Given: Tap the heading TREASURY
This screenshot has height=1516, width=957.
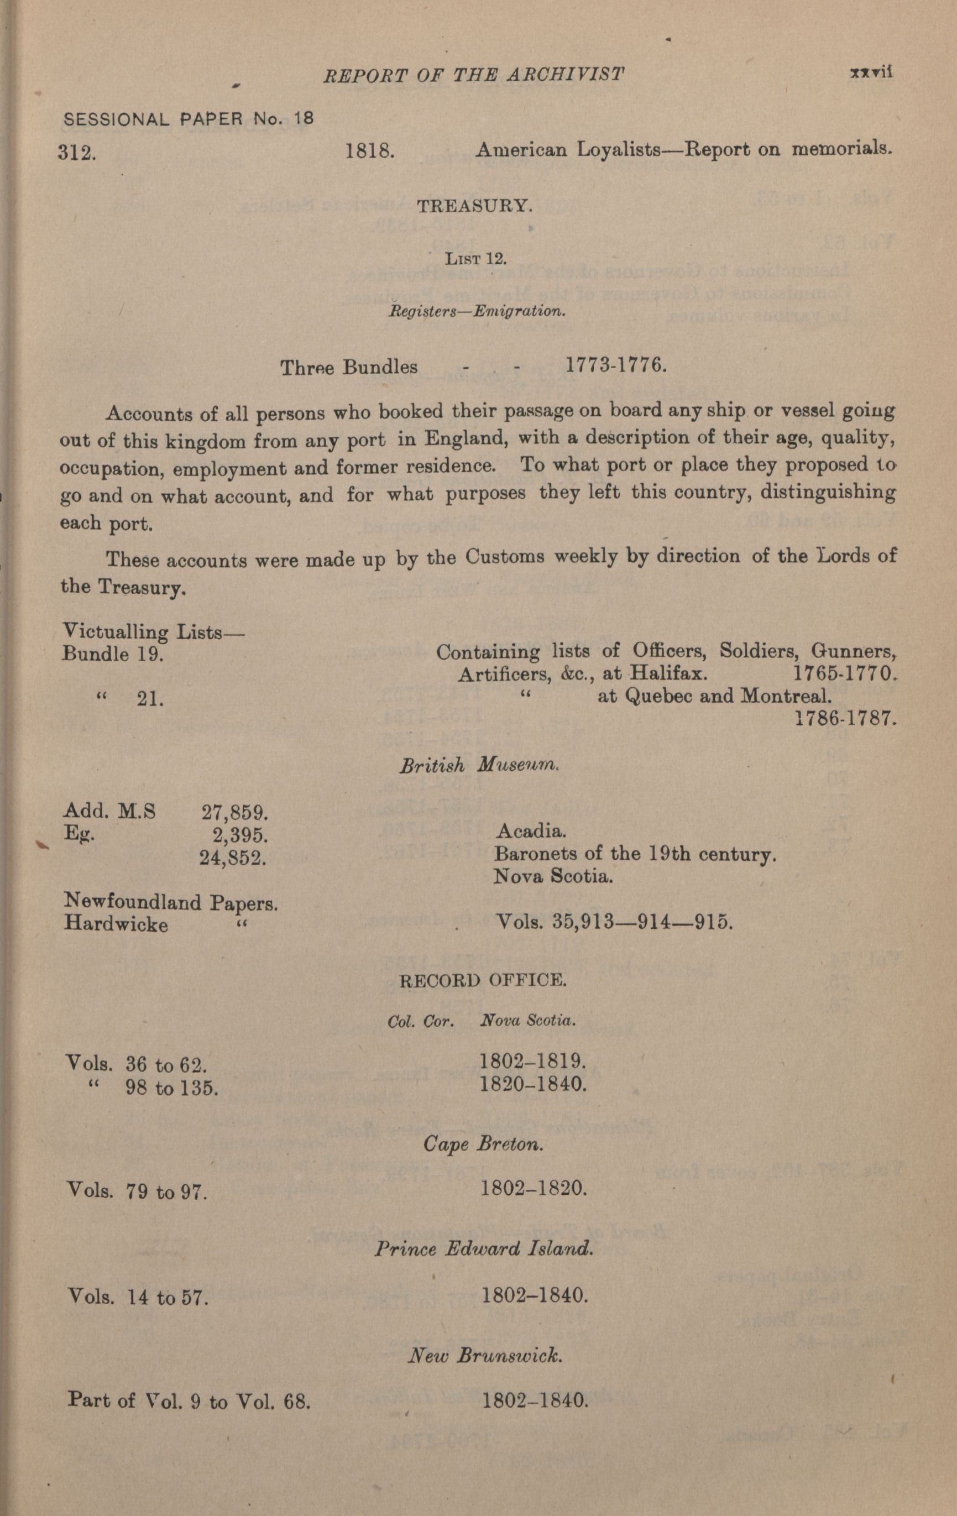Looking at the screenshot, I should point(474,206).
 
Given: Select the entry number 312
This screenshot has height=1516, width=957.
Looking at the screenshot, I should point(77,153).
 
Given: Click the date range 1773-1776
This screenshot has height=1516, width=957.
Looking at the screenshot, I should point(615,364).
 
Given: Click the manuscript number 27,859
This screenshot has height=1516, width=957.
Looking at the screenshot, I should point(235,812).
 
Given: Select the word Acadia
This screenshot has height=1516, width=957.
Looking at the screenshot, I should point(530,831).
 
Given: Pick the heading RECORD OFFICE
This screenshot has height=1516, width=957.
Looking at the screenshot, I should point(483,981).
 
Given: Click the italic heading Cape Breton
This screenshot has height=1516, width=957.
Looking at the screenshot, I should point(483,1143).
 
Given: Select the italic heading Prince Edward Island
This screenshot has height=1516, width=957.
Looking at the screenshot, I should point(484,1248).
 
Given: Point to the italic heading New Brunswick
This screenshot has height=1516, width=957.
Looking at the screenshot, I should point(484,1354).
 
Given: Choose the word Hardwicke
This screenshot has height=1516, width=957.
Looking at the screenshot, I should point(116,924).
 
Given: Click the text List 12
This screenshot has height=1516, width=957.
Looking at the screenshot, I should point(475,259).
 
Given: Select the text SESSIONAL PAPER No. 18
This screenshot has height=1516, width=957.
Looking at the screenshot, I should point(189,119).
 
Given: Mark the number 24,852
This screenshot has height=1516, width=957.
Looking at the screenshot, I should point(233,858).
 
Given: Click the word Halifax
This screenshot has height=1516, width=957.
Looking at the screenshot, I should point(668,673).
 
